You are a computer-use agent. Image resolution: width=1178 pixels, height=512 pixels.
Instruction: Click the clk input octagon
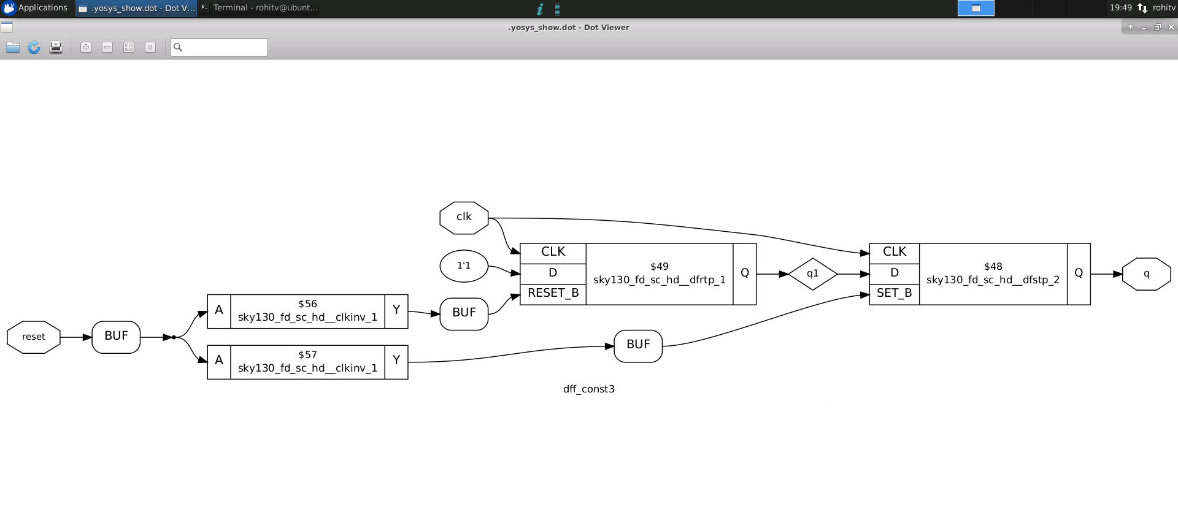click(464, 218)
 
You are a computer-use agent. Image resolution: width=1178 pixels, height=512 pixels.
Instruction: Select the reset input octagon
click(34, 337)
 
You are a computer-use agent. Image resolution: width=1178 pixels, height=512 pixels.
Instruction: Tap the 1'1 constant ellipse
click(464, 266)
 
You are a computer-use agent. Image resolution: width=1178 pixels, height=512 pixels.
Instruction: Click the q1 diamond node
click(812, 274)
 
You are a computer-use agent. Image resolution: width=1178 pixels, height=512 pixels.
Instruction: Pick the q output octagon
click(1146, 274)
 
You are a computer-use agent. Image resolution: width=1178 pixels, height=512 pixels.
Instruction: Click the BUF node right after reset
click(116, 337)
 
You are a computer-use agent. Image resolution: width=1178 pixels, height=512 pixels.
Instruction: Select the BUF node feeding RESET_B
click(464, 313)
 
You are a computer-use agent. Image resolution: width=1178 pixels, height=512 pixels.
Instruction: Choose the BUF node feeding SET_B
click(638, 346)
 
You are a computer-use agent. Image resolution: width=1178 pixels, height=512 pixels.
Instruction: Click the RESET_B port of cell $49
click(553, 294)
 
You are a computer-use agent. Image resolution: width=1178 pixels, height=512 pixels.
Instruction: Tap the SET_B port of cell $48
click(894, 294)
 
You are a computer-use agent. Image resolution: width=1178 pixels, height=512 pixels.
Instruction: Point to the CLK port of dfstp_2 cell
click(894, 252)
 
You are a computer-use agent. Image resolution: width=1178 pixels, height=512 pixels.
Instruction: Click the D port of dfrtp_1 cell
click(553, 273)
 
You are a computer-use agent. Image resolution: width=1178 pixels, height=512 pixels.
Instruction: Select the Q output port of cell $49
click(744, 273)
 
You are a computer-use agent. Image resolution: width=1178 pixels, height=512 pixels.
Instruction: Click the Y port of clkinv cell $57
click(396, 361)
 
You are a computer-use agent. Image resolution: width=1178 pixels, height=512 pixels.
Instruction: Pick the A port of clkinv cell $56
click(219, 311)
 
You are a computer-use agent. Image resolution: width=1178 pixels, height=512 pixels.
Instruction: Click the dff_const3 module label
click(588, 389)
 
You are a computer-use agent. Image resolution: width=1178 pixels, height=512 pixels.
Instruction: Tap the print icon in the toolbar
click(56, 47)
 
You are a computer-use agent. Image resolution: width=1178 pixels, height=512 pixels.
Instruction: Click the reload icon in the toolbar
click(34, 47)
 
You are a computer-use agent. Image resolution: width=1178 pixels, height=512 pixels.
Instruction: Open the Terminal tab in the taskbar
click(260, 8)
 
